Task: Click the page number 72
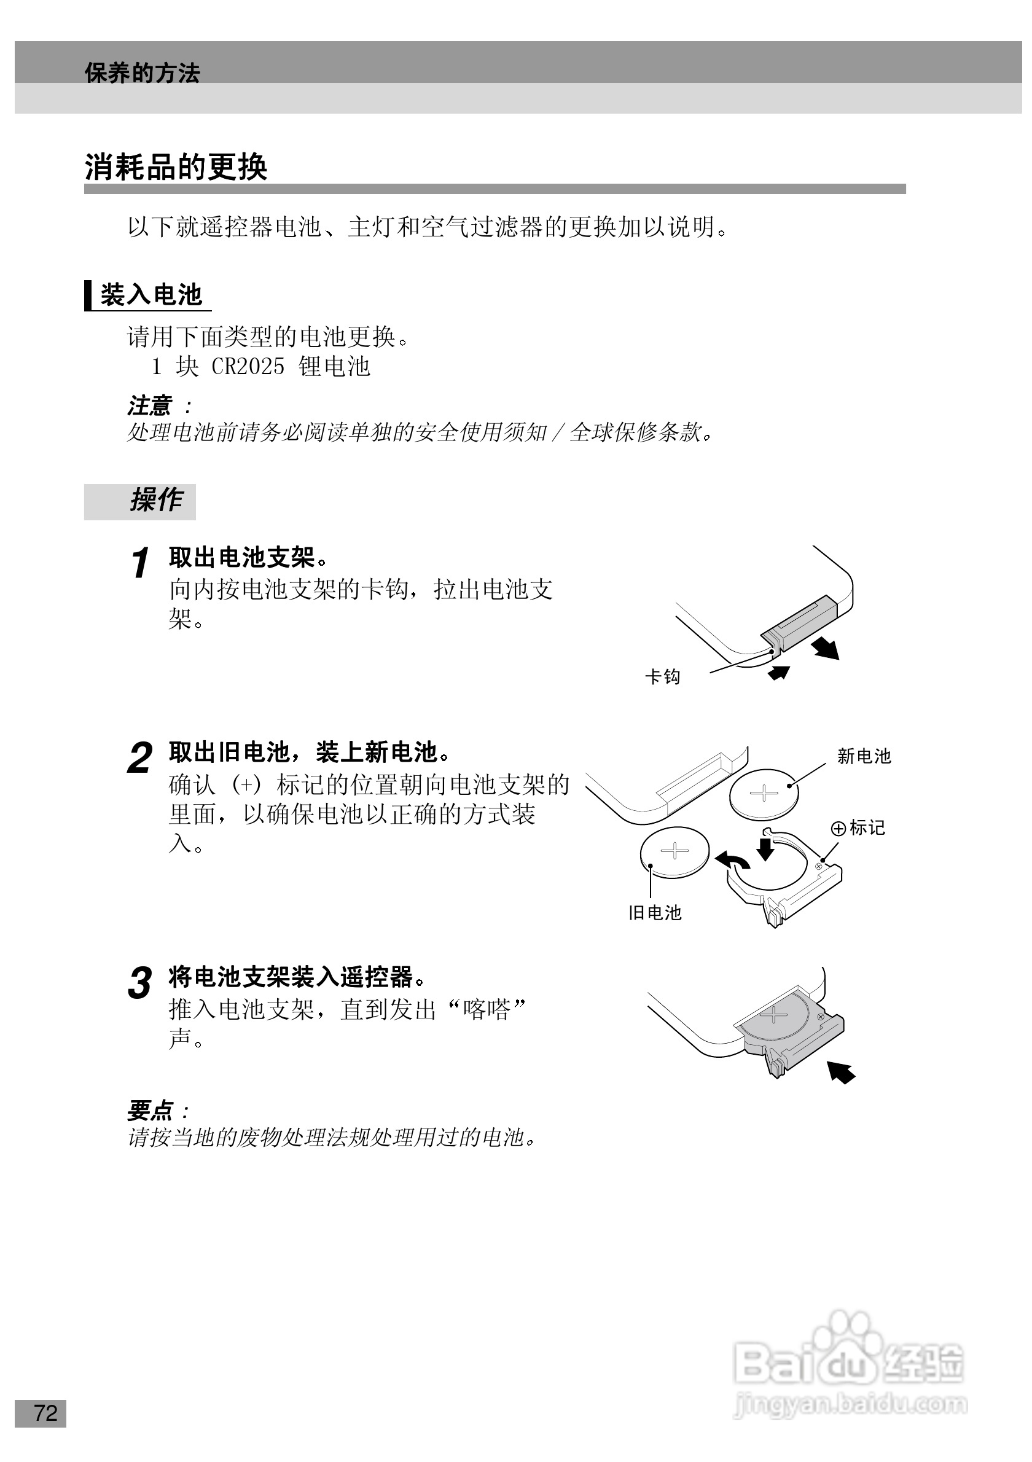pyautogui.click(x=45, y=1413)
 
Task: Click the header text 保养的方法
pyautogui.click(x=142, y=73)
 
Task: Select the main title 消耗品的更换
pyautogui.click(x=176, y=168)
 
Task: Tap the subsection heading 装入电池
pyautogui.click(x=151, y=295)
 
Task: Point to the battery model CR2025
pyautogui.click(x=248, y=367)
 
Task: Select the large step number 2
pyautogui.click(x=139, y=758)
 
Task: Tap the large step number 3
pyautogui.click(x=139, y=982)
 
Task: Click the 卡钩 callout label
pyautogui.click(x=663, y=676)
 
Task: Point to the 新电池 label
pyautogui.click(x=863, y=756)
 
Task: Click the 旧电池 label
pyautogui.click(x=654, y=913)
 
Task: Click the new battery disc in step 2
pyautogui.click(x=764, y=794)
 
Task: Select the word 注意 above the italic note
pyautogui.click(x=150, y=405)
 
